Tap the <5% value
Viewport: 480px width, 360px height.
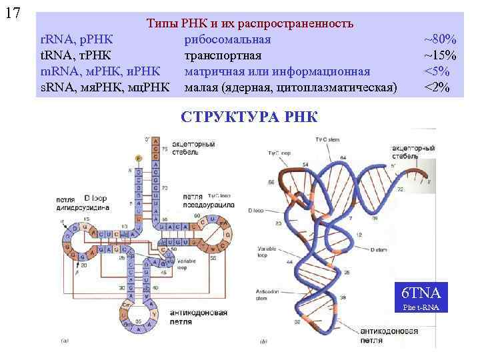pos(438,71)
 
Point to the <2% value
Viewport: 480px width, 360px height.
pos(438,87)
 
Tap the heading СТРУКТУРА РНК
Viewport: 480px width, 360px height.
pos(249,117)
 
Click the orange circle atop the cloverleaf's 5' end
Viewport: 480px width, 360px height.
pos(138,158)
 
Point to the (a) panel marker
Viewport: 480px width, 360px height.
pos(64,340)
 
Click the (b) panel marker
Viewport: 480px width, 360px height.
pos(264,341)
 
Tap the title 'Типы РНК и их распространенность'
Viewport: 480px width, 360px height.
pos(249,24)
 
